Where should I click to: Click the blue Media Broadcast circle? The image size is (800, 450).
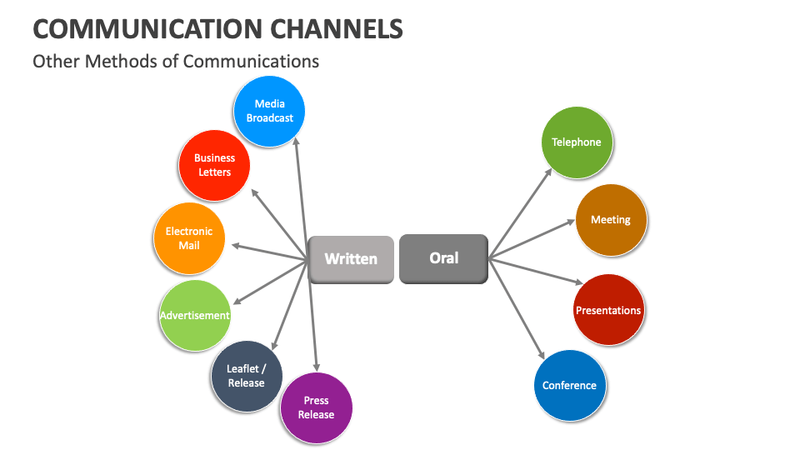[269, 111]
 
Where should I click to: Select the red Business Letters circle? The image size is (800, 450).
[214, 165]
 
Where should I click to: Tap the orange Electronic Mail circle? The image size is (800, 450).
[189, 238]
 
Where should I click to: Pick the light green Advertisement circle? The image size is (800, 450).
[194, 315]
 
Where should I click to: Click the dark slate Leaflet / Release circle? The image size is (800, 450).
[246, 376]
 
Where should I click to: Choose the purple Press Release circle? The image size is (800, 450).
[316, 407]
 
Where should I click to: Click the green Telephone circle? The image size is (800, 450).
[576, 142]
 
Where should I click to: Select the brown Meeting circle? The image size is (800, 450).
[611, 220]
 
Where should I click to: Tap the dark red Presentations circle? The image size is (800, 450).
[608, 310]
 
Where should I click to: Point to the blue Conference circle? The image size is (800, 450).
[569, 385]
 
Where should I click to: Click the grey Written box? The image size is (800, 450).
[351, 259]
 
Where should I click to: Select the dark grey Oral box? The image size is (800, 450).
[443, 258]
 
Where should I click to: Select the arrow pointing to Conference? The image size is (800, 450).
[517, 308]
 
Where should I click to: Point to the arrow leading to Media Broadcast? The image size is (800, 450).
[301, 200]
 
